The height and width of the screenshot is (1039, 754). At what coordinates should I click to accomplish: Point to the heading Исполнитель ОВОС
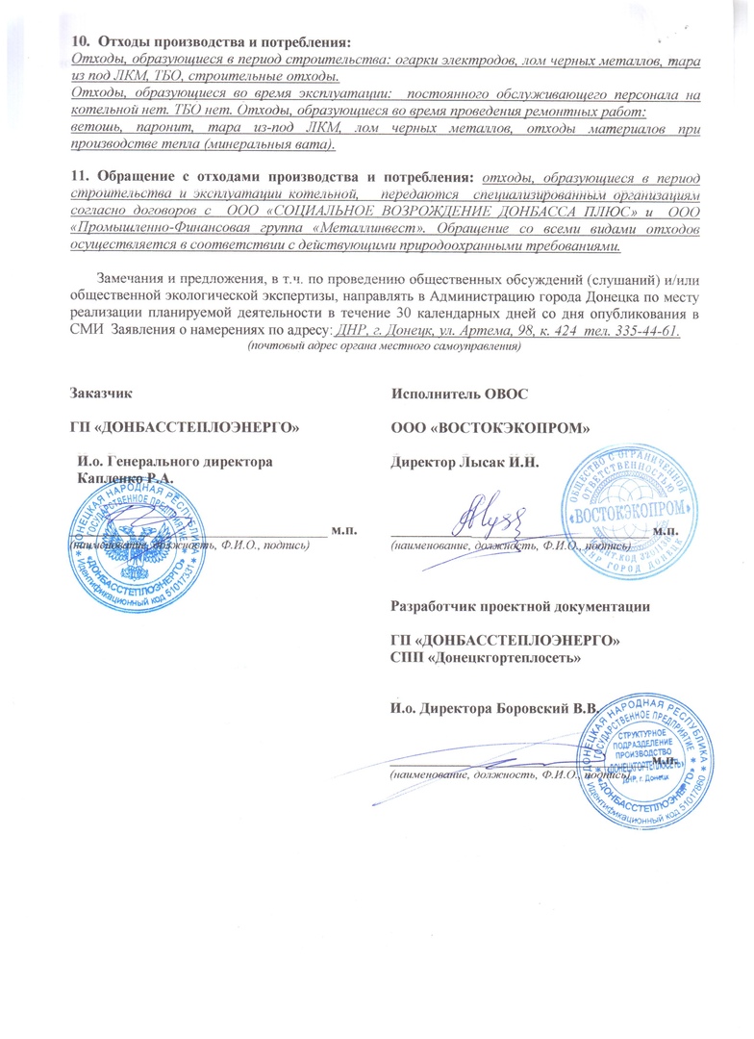click(460, 393)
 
